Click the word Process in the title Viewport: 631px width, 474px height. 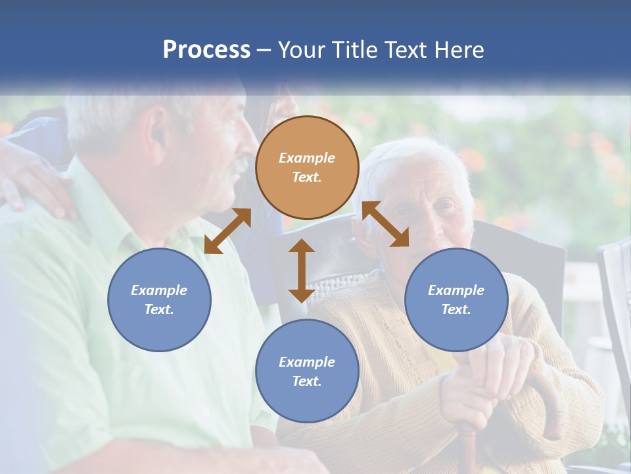[206, 50]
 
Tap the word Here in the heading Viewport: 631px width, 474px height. [457, 50]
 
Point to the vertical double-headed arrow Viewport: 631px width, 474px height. [302, 271]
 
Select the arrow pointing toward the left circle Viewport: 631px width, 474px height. [227, 231]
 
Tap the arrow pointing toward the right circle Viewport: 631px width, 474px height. [385, 224]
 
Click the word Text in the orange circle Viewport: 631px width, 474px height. [306, 177]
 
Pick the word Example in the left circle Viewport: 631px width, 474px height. [159, 290]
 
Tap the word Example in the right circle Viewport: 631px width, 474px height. [456, 290]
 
